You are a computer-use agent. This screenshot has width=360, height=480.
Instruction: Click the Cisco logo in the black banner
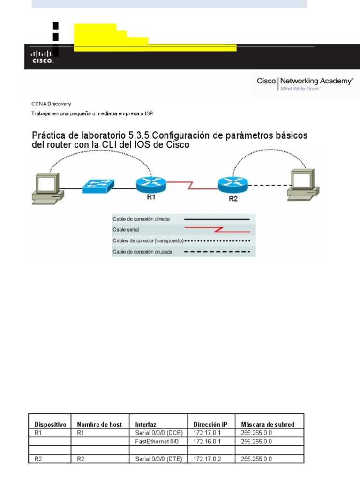pyautogui.click(x=42, y=57)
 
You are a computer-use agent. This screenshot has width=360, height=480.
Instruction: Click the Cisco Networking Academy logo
pyautogui.click(x=305, y=83)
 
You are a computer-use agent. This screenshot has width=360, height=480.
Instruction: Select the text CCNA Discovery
pyautogui.click(x=51, y=104)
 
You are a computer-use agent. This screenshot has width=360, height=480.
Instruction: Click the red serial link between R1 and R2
pyautogui.click(x=192, y=184)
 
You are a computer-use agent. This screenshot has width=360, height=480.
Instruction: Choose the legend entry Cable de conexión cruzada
pyautogui.click(x=142, y=252)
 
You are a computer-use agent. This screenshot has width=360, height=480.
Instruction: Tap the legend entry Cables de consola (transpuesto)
pyautogui.click(x=148, y=240)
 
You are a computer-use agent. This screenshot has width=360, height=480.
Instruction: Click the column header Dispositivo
pyautogui.click(x=51, y=424)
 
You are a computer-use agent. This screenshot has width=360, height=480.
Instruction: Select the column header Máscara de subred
pyautogui.click(x=267, y=424)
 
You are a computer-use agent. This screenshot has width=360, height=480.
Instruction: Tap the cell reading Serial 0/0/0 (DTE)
pyautogui.click(x=157, y=459)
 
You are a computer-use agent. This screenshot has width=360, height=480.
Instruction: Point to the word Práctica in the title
pyautogui.click(x=48, y=135)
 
